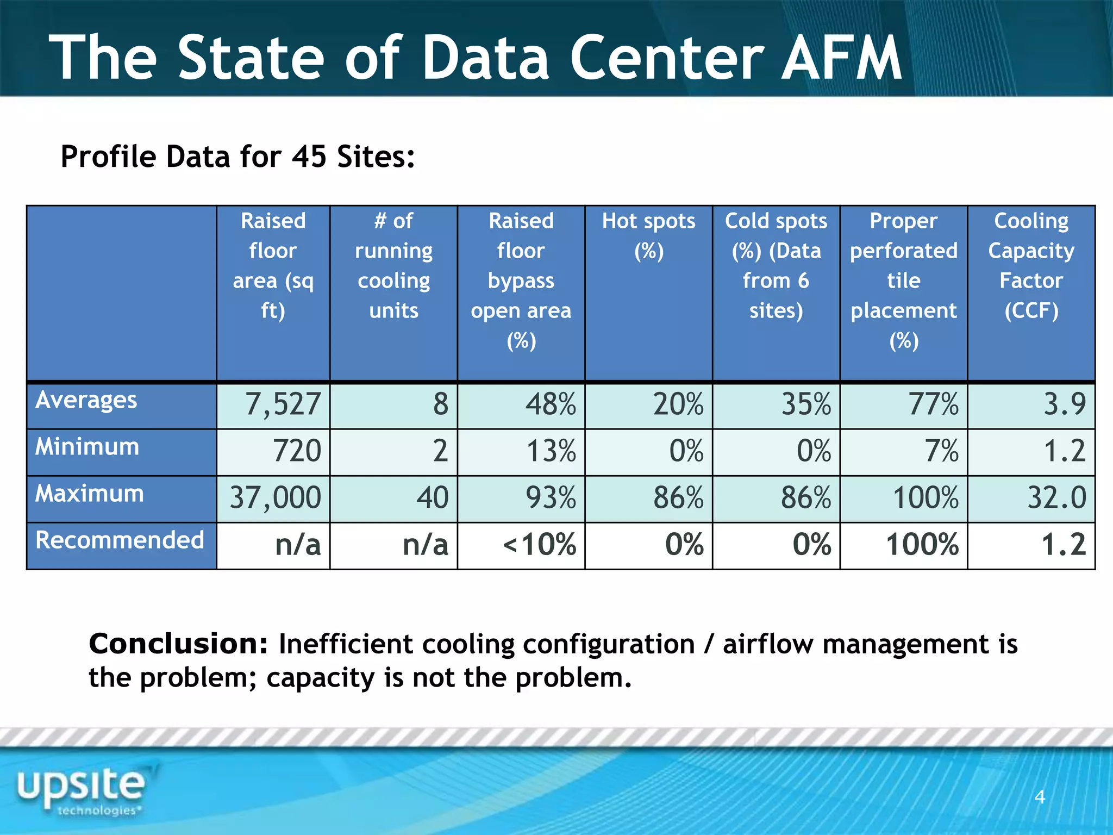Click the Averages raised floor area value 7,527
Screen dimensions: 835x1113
(x=283, y=404)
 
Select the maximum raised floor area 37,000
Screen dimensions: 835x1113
(x=276, y=498)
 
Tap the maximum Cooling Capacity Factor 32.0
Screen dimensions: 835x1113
(x=1056, y=498)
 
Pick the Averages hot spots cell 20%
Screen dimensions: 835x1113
(x=678, y=404)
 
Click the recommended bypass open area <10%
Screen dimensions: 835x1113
(x=539, y=545)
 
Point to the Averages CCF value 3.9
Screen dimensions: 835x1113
(x=1065, y=404)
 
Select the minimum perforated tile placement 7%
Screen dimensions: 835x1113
(x=942, y=451)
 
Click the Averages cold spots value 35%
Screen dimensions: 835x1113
(x=806, y=404)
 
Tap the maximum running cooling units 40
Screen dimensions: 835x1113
(x=433, y=498)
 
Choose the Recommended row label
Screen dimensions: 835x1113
(x=120, y=540)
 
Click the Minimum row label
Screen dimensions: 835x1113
(x=87, y=447)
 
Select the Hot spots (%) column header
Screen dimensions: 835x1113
(x=648, y=235)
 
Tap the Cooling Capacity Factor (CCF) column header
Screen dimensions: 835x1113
(x=1031, y=265)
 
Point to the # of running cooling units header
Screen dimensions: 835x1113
(x=393, y=265)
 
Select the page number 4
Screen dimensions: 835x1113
(x=1040, y=797)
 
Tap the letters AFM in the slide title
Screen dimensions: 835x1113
(x=842, y=58)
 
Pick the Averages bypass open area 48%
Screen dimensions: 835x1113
(x=551, y=404)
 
